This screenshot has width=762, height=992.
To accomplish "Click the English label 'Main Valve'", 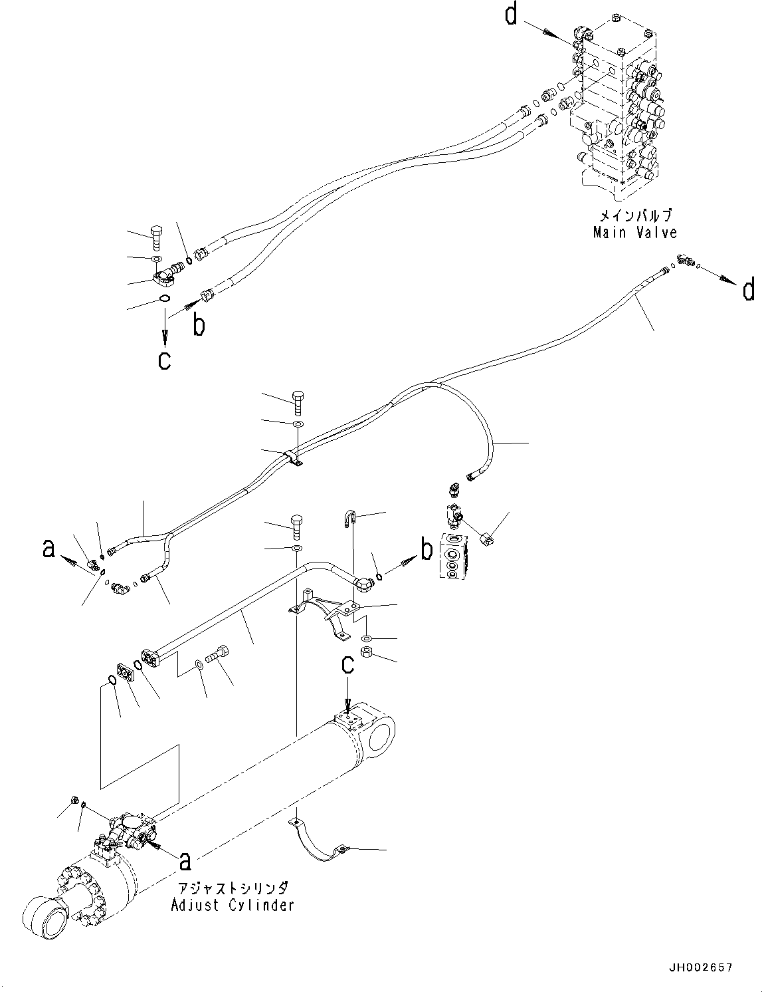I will click(634, 232).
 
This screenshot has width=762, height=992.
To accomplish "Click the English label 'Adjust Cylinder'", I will click(232, 905).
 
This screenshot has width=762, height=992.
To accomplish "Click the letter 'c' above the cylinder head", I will click(347, 666).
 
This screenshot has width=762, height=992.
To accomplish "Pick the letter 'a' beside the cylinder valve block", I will click(185, 860).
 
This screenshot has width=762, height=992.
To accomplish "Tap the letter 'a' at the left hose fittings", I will click(48, 549).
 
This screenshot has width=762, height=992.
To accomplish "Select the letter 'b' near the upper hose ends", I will click(198, 324).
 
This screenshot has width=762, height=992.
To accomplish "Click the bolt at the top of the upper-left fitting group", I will click(156, 235).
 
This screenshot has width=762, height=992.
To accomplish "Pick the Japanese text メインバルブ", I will click(635, 216).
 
